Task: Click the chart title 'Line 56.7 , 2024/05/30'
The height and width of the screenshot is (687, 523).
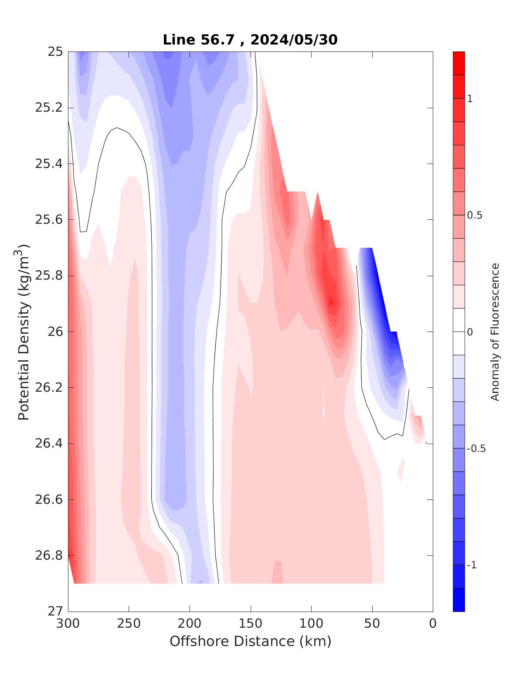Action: pos(250,40)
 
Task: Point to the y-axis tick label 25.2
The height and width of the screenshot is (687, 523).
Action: pos(49,108)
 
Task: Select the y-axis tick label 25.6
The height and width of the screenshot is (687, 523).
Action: pos(49,219)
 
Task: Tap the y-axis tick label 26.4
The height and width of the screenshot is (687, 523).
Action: pos(49,444)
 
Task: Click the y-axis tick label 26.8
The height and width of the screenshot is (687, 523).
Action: pos(49,555)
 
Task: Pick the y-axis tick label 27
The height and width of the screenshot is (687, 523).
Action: pos(55,611)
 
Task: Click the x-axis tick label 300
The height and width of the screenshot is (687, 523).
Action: pos(68,624)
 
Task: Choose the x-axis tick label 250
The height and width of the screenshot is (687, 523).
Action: pos(129,624)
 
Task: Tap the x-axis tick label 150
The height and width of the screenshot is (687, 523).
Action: pos(251,624)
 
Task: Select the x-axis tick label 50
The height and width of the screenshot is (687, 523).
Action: pos(372,624)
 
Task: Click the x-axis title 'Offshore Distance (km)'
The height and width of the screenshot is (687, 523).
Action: pos(250,642)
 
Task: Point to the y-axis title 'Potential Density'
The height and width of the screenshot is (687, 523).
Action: pos(24,332)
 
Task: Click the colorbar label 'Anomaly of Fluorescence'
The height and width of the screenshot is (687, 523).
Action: pos(495,332)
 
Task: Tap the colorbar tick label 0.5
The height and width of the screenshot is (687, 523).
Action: pos(475,215)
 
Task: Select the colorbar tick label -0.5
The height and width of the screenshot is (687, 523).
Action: pos(476,449)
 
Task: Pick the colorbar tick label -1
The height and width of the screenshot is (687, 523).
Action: pos(472,565)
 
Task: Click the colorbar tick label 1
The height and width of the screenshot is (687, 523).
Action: pos(469,99)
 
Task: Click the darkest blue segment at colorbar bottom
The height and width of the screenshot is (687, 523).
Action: pos(458,600)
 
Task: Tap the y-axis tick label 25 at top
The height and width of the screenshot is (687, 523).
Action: pos(55,52)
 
